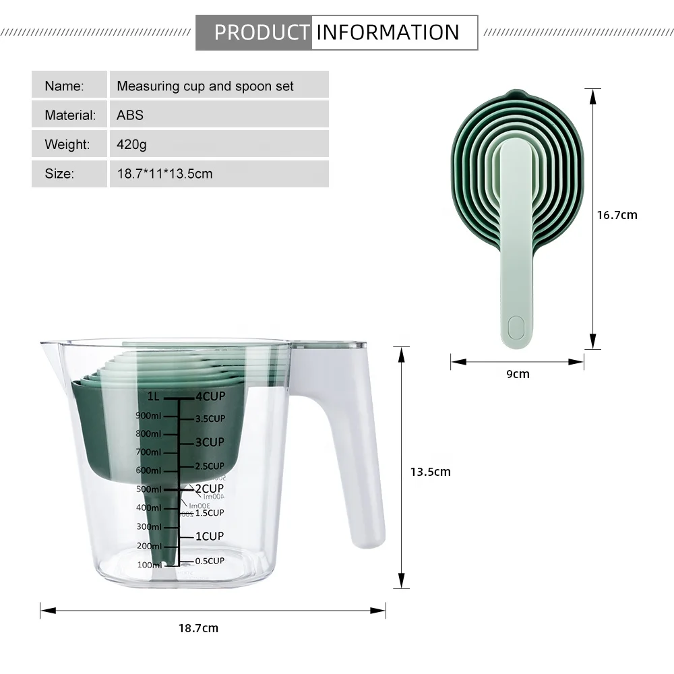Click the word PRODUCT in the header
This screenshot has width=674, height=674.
pyautogui.click(x=262, y=32)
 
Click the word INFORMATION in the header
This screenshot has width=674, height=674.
pyautogui.click(x=388, y=32)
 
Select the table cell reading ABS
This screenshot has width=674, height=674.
pyautogui.click(x=130, y=115)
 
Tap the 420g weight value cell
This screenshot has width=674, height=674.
pyautogui.click(x=131, y=144)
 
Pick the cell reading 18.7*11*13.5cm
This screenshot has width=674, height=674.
pyautogui.click(x=164, y=174)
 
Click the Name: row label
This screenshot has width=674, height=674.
pyautogui.click(x=65, y=86)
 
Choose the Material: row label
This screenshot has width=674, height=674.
pyautogui.click(x=70, y=115)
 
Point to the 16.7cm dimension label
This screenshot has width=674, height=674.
pyautogui.click(x=617, y=215)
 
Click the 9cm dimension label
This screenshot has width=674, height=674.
pyautogui.click(x=518, y=373)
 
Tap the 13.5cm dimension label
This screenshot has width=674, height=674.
pyautogui.click(x=430, y=472)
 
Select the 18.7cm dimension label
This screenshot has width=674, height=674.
pyautogui.click(x=198, y=628)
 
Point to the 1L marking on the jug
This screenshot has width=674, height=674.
pyautogui.click(x=155, y=397)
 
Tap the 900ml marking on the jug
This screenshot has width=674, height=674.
pyautogui.click(x=148, y=416)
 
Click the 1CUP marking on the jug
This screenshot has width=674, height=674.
pyautogui.click(x=209, y=537)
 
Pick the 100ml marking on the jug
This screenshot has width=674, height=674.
pyautogui.click(x=149, y=565)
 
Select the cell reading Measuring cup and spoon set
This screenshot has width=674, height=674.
pyautogui.click(x=205, y=86)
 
